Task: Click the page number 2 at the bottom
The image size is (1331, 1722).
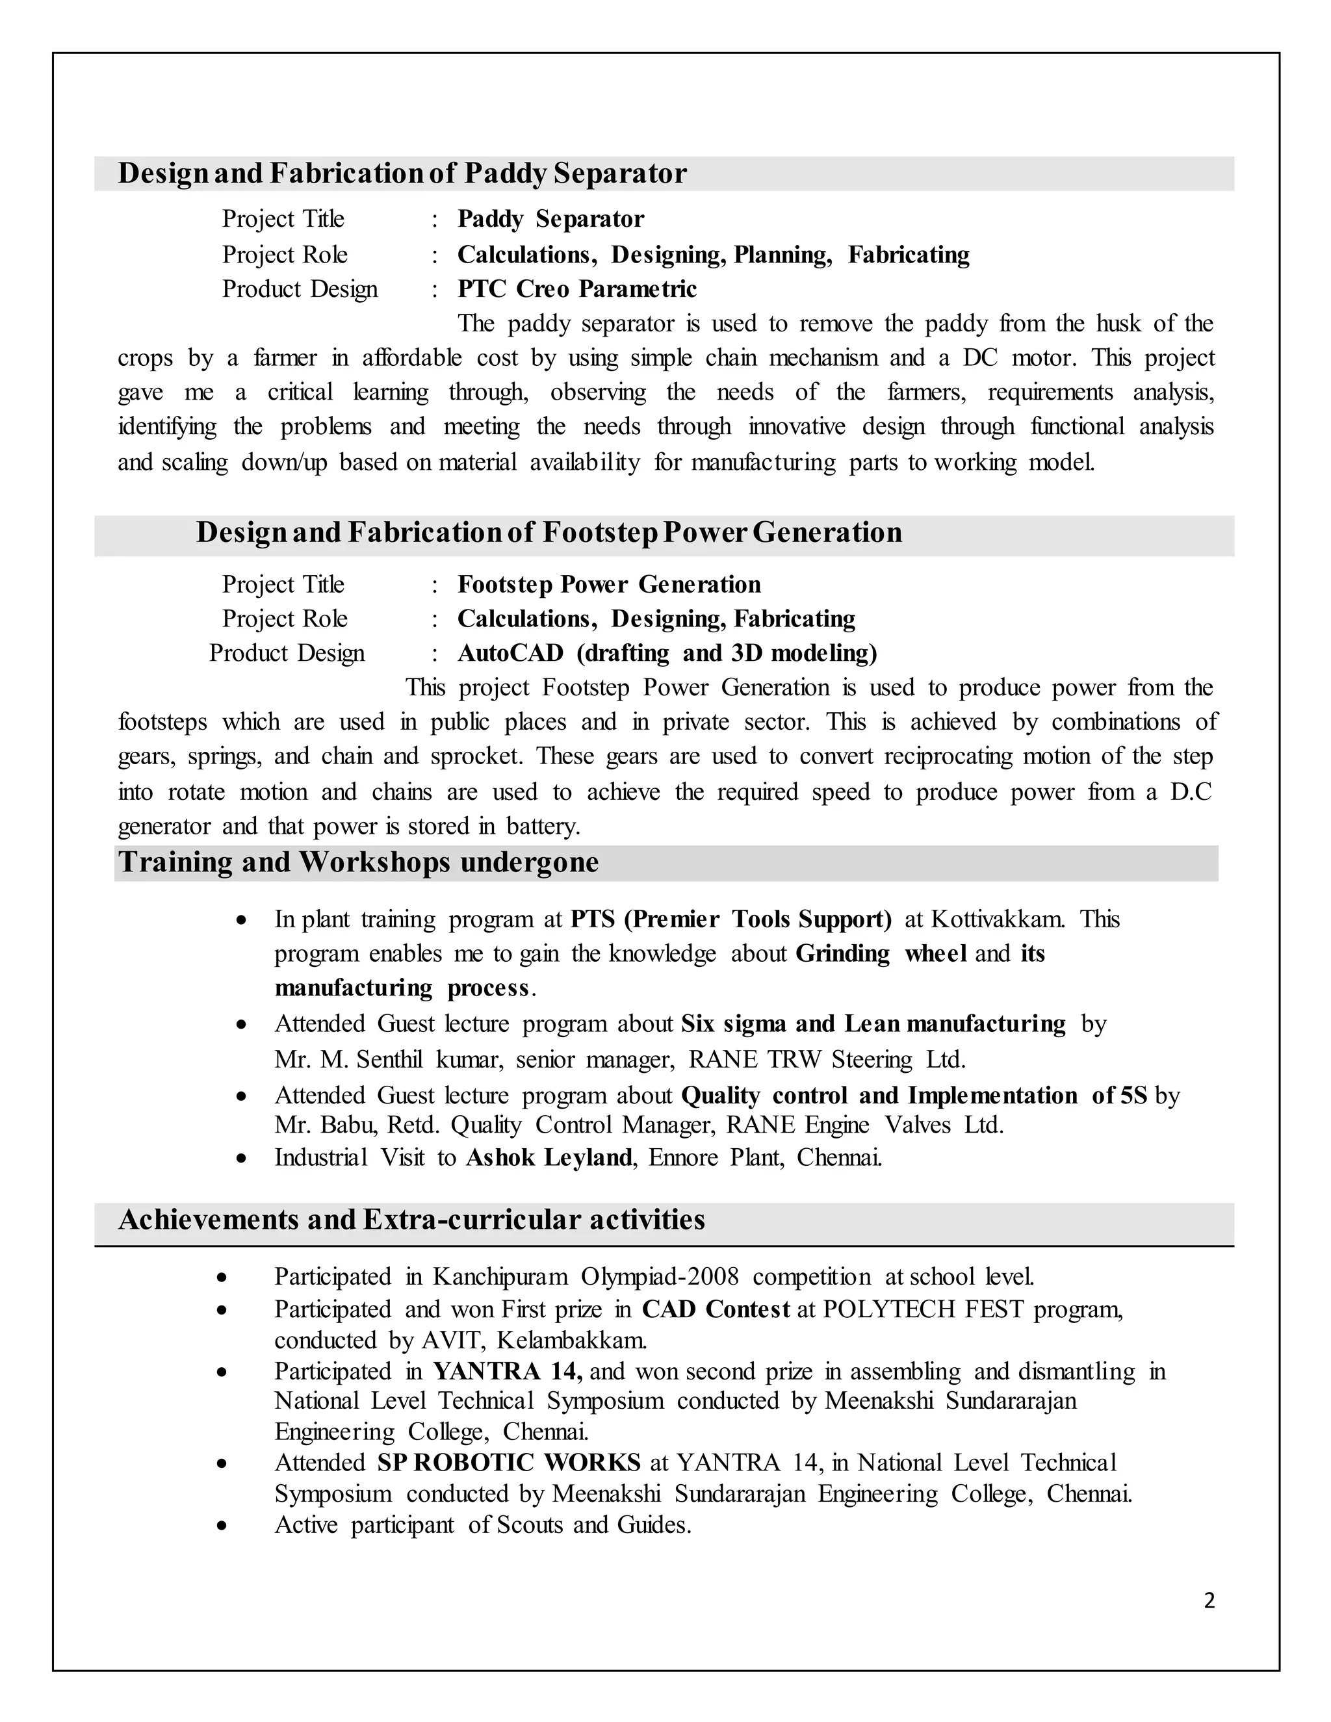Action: tap(1209, 1600)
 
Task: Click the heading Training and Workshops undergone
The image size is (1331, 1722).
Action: tap(358, 862)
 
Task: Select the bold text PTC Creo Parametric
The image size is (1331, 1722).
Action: tap(576, 289)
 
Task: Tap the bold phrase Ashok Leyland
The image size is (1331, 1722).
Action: tap(549, 1157)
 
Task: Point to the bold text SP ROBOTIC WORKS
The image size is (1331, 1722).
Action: tap(509, 1463)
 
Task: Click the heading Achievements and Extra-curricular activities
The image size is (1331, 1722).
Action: tap(411, 1220)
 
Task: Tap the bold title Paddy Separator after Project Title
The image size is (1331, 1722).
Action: tap(550, 218)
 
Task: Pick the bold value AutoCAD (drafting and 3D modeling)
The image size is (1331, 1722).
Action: tap(667, 653)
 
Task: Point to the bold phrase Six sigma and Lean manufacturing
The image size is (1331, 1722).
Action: tap(873, 1023)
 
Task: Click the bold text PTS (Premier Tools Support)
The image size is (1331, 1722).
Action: tap(731, 919)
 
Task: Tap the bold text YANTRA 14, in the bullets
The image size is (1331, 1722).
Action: tap(507, 1371)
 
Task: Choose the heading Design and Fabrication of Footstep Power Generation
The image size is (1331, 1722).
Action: tap(549, 532)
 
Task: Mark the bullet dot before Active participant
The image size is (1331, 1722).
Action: tap(222, 1526)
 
